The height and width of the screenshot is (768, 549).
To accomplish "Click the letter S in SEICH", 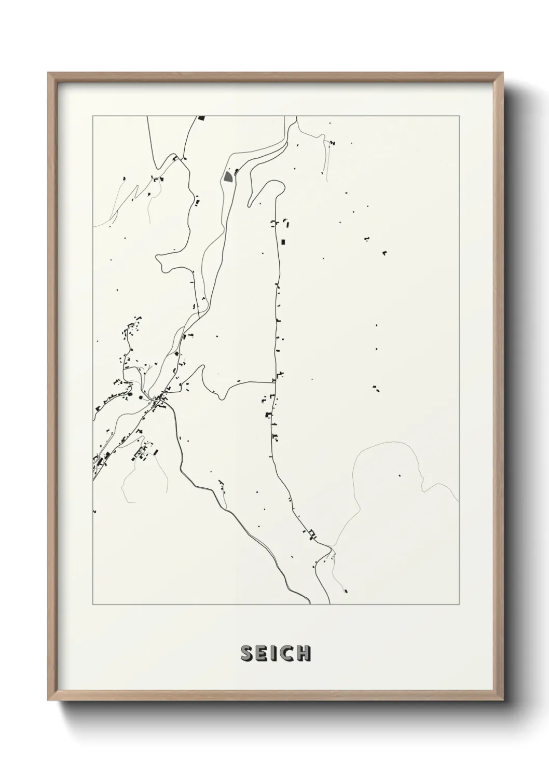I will pyautogui.click(x=246, y=654).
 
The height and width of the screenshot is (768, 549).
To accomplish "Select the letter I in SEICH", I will pyautogui.click(x=273, y=654).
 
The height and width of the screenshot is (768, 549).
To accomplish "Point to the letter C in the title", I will pyautogui.click(x=285, y=654).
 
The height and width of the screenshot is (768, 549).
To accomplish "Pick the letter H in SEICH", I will pyautogui.click(x=303, y=654).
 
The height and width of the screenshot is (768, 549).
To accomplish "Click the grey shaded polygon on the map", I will pyautogui.click(x=228, y=177).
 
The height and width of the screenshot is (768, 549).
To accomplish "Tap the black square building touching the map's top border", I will pyautogui.click(x=201, y=118).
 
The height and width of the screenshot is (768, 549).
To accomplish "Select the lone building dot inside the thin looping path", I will pyautogui.click(x=400, y=475).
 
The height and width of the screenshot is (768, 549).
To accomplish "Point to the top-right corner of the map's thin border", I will pyautogui.click(x=459, y=116).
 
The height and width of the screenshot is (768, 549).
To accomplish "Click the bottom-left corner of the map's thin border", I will pyautogui.click(x=93, y=605).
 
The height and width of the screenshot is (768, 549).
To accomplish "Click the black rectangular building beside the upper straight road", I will pyautogui.click(x=283, y=242).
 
